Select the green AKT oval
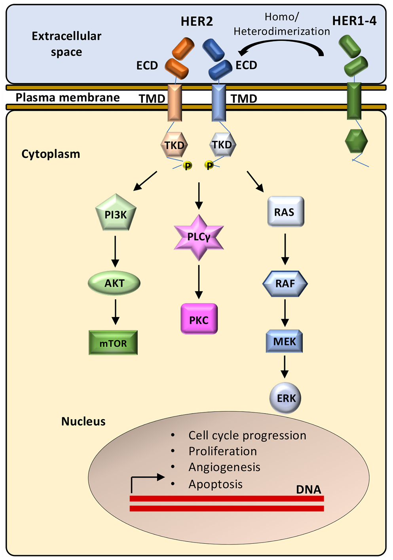coord(114,283)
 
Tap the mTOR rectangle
coord(113,343)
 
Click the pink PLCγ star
coord(199,237)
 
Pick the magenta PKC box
coord(199,319)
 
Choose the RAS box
coord(285,212)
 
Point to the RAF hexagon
coord(285,283)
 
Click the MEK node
coord(285,341)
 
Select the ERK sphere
coord(285,398)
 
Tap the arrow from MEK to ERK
coord(285,367)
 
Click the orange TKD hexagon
coord(174,145)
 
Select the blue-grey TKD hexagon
coord(222,145)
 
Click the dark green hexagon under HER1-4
coord(356,141)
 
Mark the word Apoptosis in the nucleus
coord(215,484)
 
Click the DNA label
coord(308,490)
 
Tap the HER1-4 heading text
coord(354,21)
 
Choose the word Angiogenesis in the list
coord(224,467)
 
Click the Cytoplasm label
coord(51,154)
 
